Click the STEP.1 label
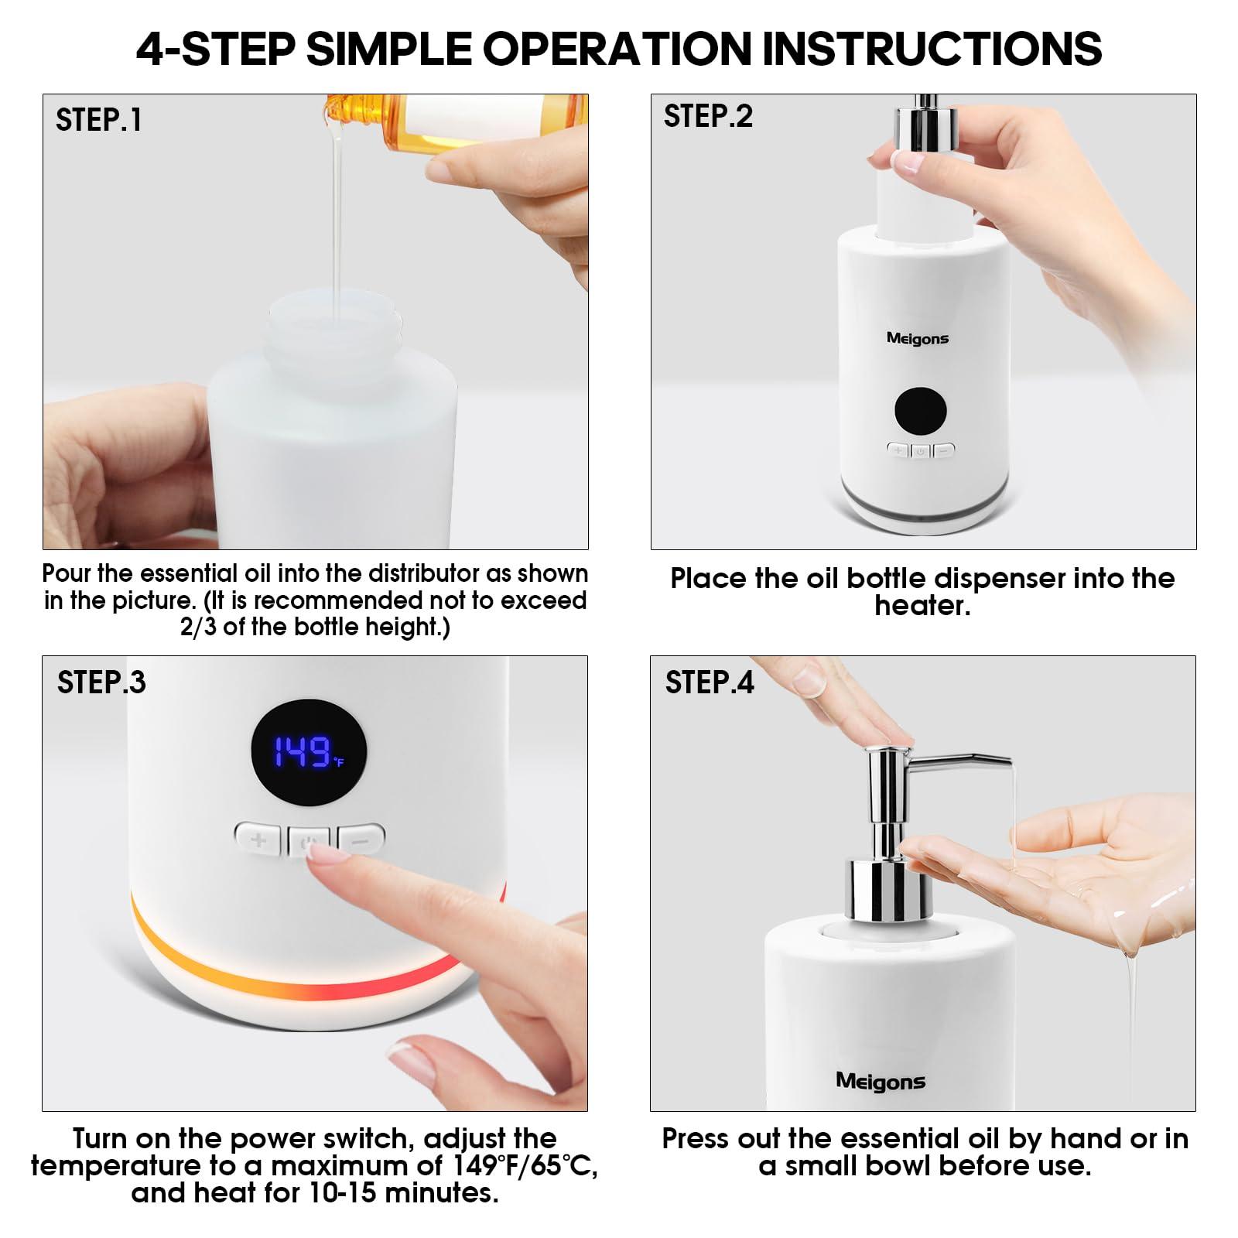pyautogui.click(x=99, y=121)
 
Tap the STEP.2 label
pyautogui.click(x=708, y=116)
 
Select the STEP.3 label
pyautogui.click(x=101, y=682)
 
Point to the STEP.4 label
pyautogui.click(x=710, y=682)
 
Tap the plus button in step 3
pyautogui.click(x=259, y=839)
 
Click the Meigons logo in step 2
pyautogui.click(x=917, y=338)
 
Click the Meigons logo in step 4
pyautogui.click(x=880, y=1081)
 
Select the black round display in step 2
pyautogui.click(x=920, y=411)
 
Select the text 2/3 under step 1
pyautogui.click(x=199, y=627)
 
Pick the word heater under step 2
pyautogui.click(x=922, y=606)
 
